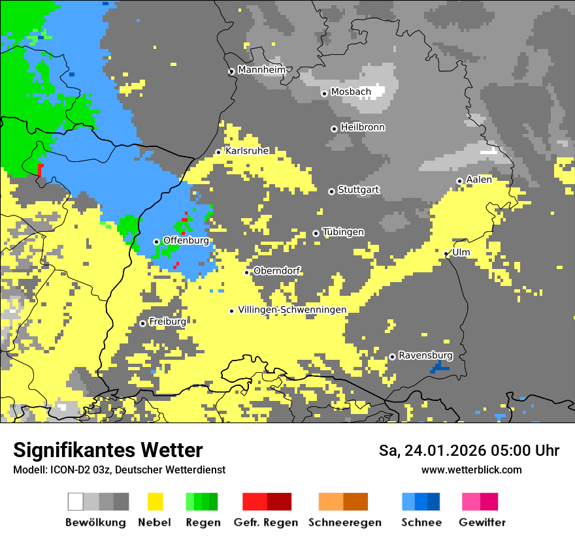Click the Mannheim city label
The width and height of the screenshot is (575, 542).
click(x=263, y=70)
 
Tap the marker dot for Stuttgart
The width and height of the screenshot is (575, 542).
click(x=331, y=191)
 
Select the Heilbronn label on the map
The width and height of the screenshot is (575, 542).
click(x=363, y=127)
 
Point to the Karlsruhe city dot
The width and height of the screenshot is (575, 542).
click(x=219, y=152)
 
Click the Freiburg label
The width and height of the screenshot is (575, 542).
click(x=167, y=322)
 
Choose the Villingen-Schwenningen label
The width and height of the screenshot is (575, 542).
click(x=292, y=310)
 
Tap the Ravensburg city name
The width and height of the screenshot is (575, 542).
click(x=425, y=355)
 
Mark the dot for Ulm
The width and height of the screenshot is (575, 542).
click(x=446, y=253)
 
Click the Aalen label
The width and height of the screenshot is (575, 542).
click(x=479, y=180)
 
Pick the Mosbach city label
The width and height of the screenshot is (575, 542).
click(x=351, y=92)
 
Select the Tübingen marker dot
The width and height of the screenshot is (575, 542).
click(x=316, y=233)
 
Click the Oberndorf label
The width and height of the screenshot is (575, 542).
click(x=277, y=271)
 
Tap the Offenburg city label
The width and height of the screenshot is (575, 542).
click(x=186, y=240)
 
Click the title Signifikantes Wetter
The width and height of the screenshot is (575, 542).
click(x=108, y=450)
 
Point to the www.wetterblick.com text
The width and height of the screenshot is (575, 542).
click(x=472, y=470)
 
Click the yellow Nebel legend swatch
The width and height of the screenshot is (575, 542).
click(x=155, y=502)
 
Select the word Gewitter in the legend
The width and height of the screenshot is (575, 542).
click(x=482, y=522)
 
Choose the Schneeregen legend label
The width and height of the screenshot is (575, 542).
click(x=345, y=522)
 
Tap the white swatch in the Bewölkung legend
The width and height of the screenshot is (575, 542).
click(x=76, y=502)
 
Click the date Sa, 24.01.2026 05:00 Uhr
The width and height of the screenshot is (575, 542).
click(x=469, y=451)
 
